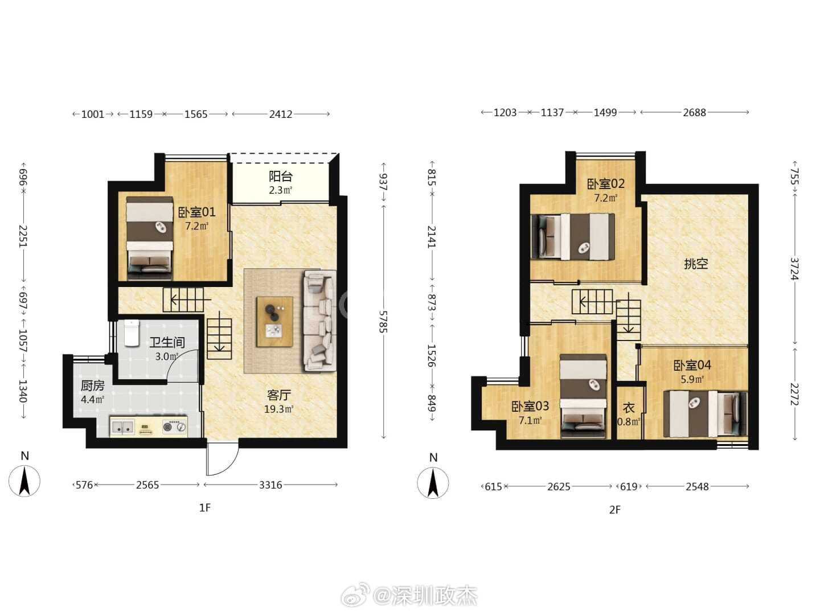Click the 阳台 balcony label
pyautogui.click(x=281, y=177)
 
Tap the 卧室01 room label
pyautogui.click(x=197, y=212)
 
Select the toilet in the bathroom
pyautogui.click(x=132, y=333)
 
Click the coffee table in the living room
pyautogui.click(x=274, y=322)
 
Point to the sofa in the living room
pyautogui.click(x=320, y=321)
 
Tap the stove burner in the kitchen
pyautogui.click(x=175, y=427)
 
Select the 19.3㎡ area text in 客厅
pyautogui.click(x=278, y=409)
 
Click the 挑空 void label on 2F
pyautogui.click(x=696, y=264)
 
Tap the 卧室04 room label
pyautogui.click(x=692, y=365)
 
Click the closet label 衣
pyautogui.click(x=629, y=408)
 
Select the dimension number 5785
pyautogui.click(x=383, y=322)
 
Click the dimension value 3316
pyautogui.click(x=270, y=485)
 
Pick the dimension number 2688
pyautogui.click(x=695, y=112)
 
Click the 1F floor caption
pyautogui.click(x=205, y=508)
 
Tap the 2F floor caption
pyautogui.click(x=614, y=510)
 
